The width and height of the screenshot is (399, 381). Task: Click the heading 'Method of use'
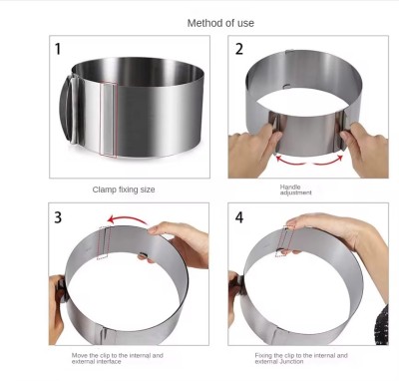click(220, 23)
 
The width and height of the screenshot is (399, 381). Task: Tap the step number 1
click(58, 49)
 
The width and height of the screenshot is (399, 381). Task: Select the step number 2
click(239, 49)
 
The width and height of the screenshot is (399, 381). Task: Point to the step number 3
click(58, 217)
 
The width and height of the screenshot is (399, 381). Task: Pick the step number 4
click(239, 217)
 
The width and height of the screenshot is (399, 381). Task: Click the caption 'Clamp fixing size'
click(124, 190)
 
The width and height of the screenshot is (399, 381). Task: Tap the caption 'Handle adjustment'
click(295, 190)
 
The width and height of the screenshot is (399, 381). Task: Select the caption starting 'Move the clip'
click(118, 358)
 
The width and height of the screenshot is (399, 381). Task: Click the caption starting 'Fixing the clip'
click(301, 358)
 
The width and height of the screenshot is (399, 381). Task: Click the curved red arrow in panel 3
click(128, 217)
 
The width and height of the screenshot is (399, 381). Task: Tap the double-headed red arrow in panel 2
click(309, 163)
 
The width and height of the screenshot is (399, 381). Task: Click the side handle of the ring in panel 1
click(68, 110)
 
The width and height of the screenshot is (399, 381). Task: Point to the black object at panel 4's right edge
click(381, 324)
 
